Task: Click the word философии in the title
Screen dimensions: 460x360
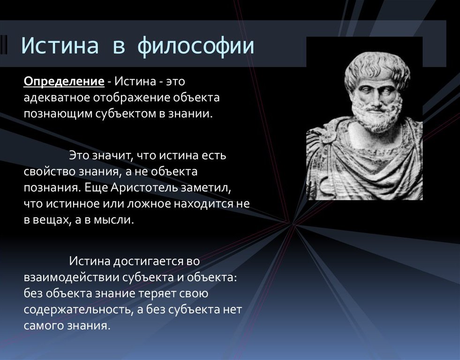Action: tap(196, 46)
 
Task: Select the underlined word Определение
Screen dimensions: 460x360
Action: tap(64, 81)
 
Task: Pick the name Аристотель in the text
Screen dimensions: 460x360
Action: tap(144, 187)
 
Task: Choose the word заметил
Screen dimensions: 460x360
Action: tap(206, 188)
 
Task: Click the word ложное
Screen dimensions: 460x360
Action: tap(149, 204)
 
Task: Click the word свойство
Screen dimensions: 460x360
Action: tap(49, 171)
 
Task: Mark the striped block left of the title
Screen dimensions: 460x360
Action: tap(4, 45)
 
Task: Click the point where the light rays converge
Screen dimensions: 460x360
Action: tap(293, 224)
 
